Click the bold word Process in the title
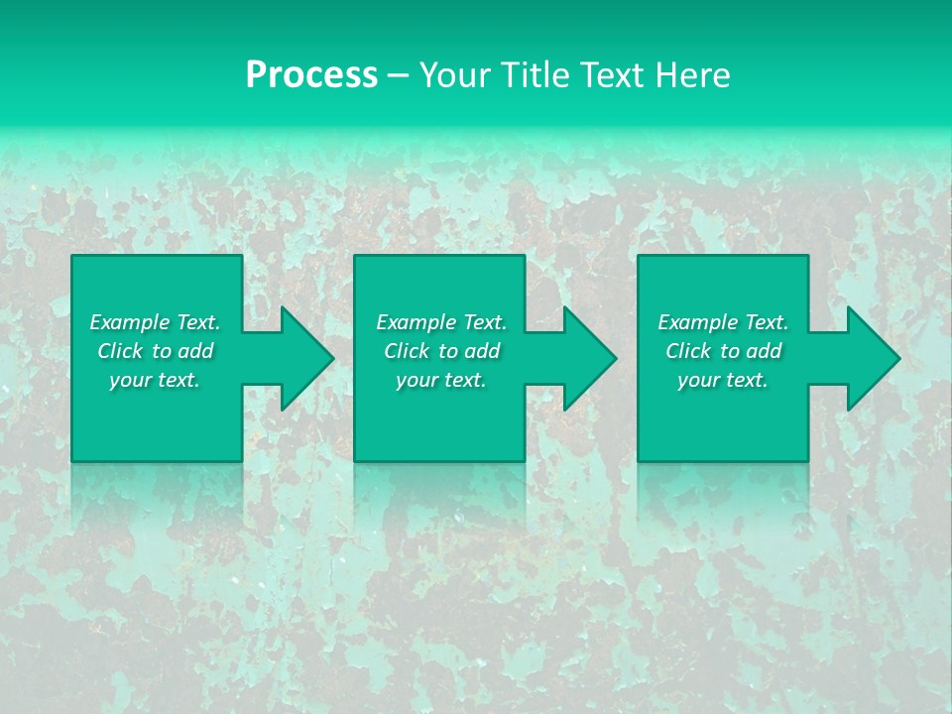[x=311, y=75]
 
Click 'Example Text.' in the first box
[x=155, y=322]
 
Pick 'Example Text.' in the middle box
[x=441, y=322]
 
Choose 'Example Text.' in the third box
[x=723, y=322]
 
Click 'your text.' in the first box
[x=155, y=380]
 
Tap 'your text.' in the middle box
[x=441, y=380]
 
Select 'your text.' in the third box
[x=723, y=380]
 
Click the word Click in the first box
[x=120, y=351]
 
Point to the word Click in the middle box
[x=407, y=351]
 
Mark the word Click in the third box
[x=688, y=351]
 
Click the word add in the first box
[x=196, y=351]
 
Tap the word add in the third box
[x=765, y=351]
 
